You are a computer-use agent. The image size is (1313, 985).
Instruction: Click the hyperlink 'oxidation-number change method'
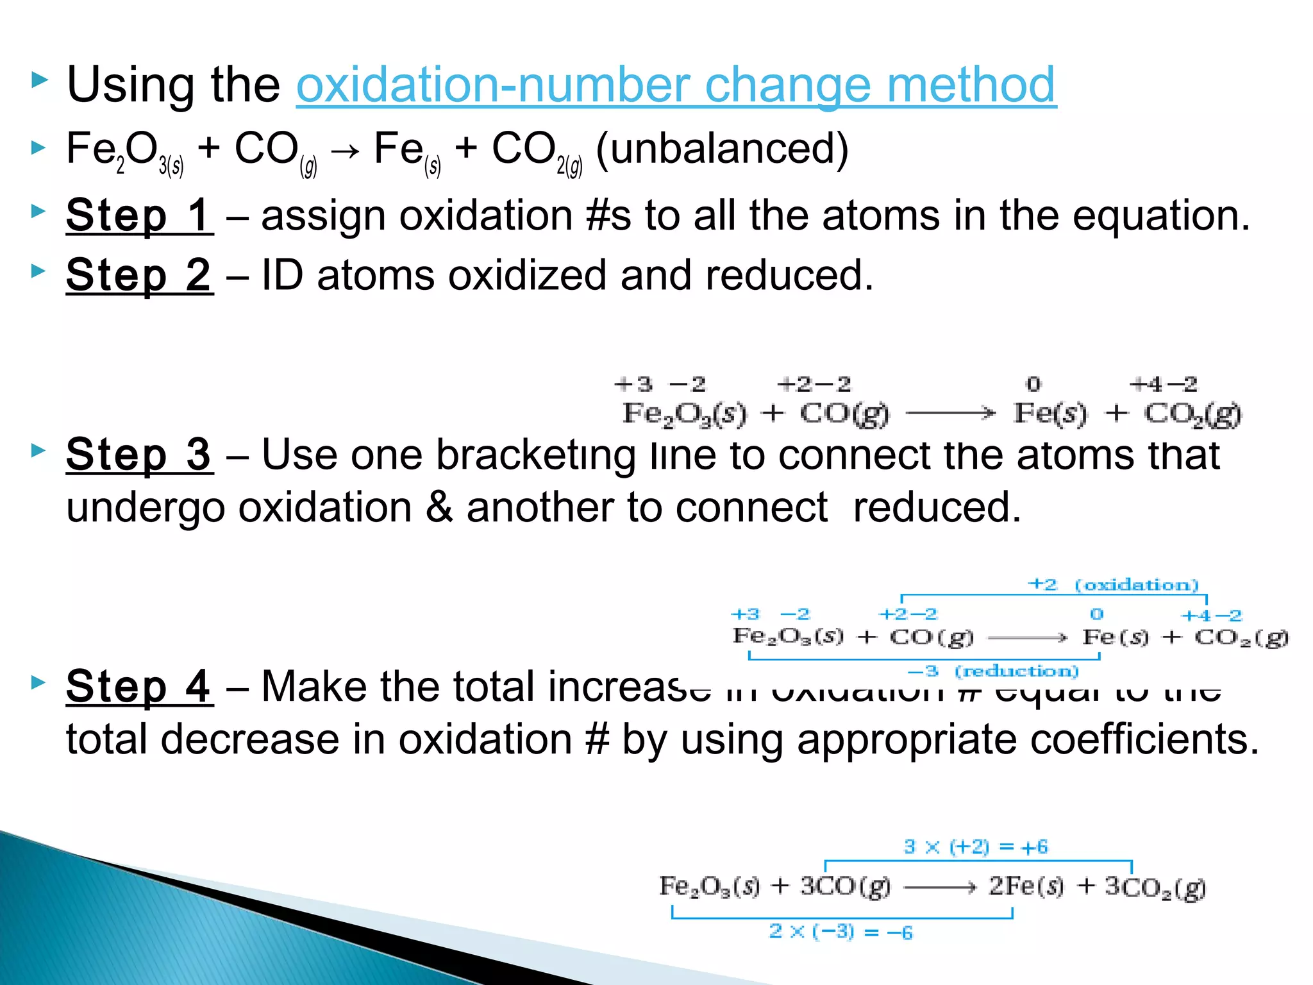click(676, 85)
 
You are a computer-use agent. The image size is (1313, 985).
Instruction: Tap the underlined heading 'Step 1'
click(139, 215)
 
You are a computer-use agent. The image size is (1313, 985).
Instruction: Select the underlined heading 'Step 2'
click(139, 276)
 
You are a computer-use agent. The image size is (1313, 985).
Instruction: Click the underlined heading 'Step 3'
click(139, 455)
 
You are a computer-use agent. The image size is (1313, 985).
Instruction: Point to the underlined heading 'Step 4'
click(139, 687)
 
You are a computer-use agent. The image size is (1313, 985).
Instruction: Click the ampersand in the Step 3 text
click(439, 507)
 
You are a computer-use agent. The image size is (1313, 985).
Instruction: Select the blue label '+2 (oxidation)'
click(1113, 585)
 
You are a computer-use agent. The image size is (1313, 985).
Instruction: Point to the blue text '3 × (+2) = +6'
click(976, 847)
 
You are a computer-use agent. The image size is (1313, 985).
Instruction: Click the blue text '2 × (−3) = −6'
click(840, 932)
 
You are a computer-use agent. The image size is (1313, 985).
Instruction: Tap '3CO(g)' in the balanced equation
click(845, 887)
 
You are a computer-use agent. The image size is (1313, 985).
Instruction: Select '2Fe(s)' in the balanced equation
click(1026, 887)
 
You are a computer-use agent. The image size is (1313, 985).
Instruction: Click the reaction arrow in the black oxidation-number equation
click(951, 414)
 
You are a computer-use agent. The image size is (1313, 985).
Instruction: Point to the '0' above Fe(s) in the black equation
click(1033, 385)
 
